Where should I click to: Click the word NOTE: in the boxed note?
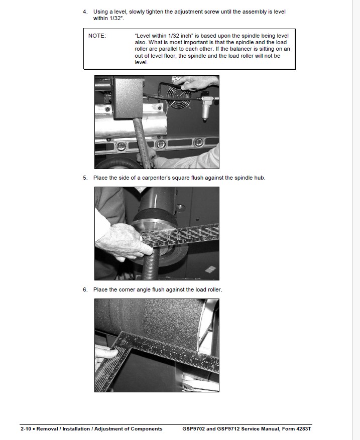point(97,36)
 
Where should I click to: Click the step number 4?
point(85,12)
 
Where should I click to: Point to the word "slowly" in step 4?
point(137,12)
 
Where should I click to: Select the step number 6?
point(85,289)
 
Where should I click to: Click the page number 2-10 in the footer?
point(26,429)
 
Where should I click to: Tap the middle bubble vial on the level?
point(161,144)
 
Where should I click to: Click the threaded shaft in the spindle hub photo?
point(150,264)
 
